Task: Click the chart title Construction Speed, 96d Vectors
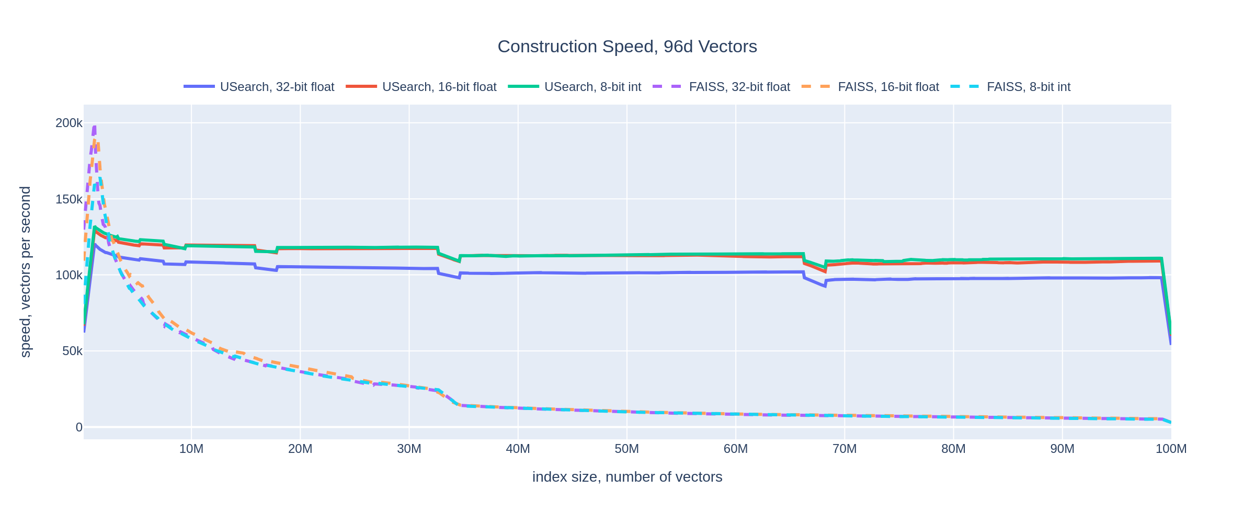click(627, 47)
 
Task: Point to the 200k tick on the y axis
click(69, 123)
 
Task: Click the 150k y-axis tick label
click(69, 199)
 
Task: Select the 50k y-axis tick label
click(72, 351)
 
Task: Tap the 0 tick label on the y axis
click(79, 427)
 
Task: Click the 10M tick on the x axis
click(191, 449)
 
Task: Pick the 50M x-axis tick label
click(626, 449)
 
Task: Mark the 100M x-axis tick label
click(1170, 449)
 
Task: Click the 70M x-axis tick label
click(845, 449)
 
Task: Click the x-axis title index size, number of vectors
click(627, 477)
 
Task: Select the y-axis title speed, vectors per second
click(25, 272)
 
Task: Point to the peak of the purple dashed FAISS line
click(94, 127)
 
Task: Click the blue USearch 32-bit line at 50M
click(626, 272)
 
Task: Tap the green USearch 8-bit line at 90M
click(1063, 259)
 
